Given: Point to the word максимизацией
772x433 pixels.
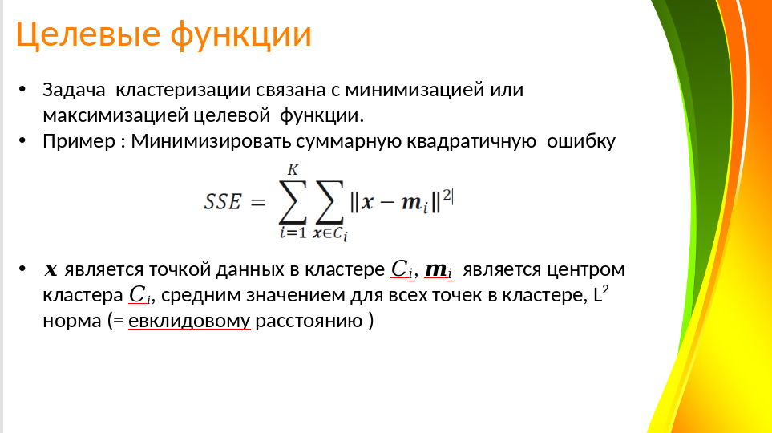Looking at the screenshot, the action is [115, 115].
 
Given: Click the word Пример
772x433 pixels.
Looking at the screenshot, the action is [79, 142].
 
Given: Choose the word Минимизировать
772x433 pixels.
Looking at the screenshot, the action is [211, 142].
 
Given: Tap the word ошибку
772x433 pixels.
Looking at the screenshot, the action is [581, 142].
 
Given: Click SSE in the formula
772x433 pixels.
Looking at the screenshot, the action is [223, 202].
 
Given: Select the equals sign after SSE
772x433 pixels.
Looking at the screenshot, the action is [258, 202].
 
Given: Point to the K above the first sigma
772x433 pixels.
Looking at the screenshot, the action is [293, 170].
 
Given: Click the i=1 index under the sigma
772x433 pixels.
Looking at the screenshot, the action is [293, 232].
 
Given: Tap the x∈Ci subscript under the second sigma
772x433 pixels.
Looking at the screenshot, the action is [330, 233].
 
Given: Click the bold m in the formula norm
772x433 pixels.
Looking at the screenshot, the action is [411, 202].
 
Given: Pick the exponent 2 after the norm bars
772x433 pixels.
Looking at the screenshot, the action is [447, 196].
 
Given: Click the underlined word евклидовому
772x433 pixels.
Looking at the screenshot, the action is [189, 322].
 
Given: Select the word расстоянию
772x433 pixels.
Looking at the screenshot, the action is [309, 322].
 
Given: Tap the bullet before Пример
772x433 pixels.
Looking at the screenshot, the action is [22, 140].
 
